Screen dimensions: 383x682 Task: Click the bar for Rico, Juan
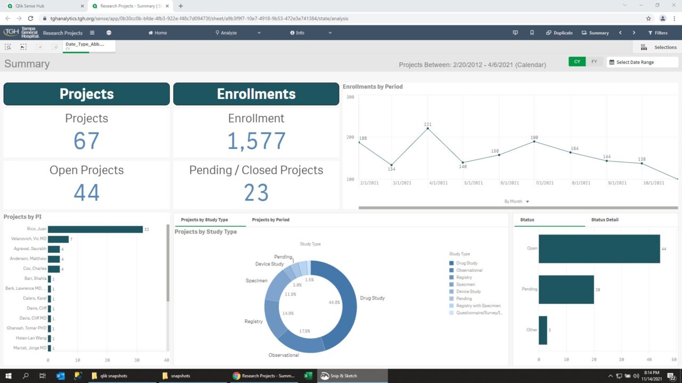point(95,229)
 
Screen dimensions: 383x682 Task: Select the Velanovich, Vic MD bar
point(58,239)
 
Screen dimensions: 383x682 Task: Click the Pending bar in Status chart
point(566,289)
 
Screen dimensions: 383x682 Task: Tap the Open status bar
point(599,248)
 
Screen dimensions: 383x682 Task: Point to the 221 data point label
point(427,124)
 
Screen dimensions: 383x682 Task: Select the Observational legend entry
point(469,270)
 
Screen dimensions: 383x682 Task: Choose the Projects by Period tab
point(271,220)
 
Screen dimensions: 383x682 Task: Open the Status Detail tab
point(605,220)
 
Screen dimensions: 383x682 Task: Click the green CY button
point(577,62)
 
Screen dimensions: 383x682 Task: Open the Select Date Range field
point(642,62)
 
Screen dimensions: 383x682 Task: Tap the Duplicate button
point(559,33)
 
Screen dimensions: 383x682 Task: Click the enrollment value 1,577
point(256,141)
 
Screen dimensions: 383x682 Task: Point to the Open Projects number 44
point(86,193)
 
